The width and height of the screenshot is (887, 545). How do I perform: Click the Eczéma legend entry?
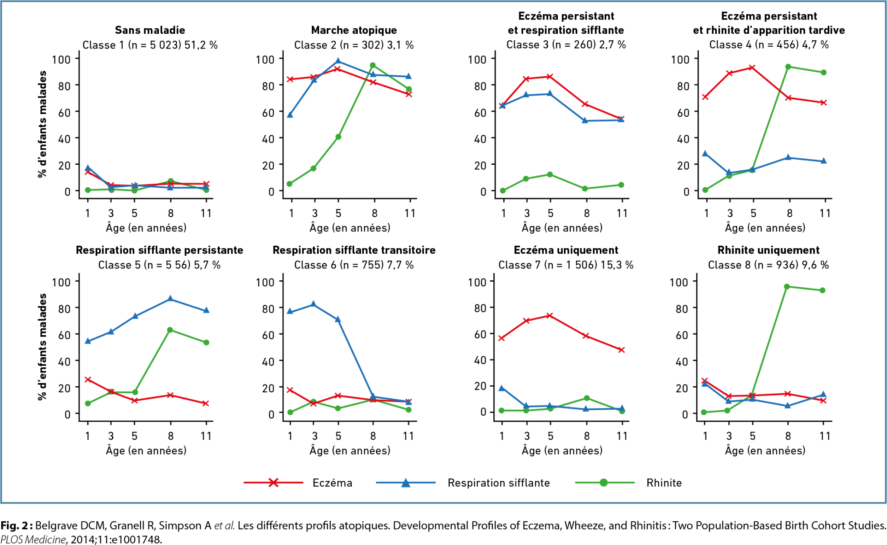[332, 483]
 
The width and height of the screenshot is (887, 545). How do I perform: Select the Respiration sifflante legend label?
[499, 483]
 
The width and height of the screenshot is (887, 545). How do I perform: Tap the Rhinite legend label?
[664, 483]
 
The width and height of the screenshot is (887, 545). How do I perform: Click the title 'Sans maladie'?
[150, 30]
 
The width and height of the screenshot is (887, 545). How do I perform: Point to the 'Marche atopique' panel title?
[354, 30]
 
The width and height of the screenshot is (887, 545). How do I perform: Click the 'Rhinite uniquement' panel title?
[768, 250]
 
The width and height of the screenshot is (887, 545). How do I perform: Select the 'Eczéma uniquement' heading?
[566, 250]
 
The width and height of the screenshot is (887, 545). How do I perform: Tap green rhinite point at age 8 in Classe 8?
[787, 286]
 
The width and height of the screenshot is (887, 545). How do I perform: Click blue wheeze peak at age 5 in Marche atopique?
[338, 61]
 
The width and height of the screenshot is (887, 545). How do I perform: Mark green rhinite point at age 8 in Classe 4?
[788, 67]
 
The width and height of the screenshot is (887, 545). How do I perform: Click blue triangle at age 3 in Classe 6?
[314, 304]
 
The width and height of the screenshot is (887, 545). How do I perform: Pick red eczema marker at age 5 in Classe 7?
[550, 315]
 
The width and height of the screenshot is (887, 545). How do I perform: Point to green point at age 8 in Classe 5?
[170, 330]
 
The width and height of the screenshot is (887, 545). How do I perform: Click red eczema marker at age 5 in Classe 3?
[550, 77]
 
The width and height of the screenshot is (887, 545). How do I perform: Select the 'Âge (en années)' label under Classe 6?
[350, 451]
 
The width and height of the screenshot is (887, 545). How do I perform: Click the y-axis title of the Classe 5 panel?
[42, 347]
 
